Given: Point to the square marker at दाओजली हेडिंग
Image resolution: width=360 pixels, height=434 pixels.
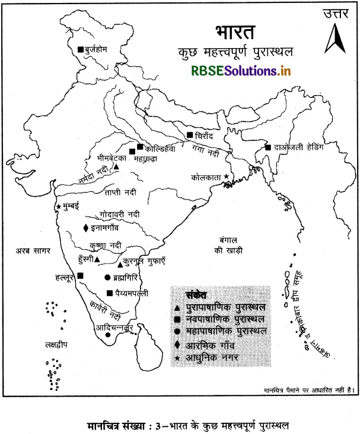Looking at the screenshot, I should (x=268, y=147).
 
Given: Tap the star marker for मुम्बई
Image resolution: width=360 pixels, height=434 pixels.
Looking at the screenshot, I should (x=58, y=207).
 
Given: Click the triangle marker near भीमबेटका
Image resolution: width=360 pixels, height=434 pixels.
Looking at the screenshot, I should (x=116, y=167).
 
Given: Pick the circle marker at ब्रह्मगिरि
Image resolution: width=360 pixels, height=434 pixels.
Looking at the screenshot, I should (x=107, y=277).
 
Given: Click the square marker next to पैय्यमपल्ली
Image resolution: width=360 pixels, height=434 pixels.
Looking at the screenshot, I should (x=109, y=293).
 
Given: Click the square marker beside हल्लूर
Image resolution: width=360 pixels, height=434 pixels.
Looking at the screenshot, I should (x=80, y=275).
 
